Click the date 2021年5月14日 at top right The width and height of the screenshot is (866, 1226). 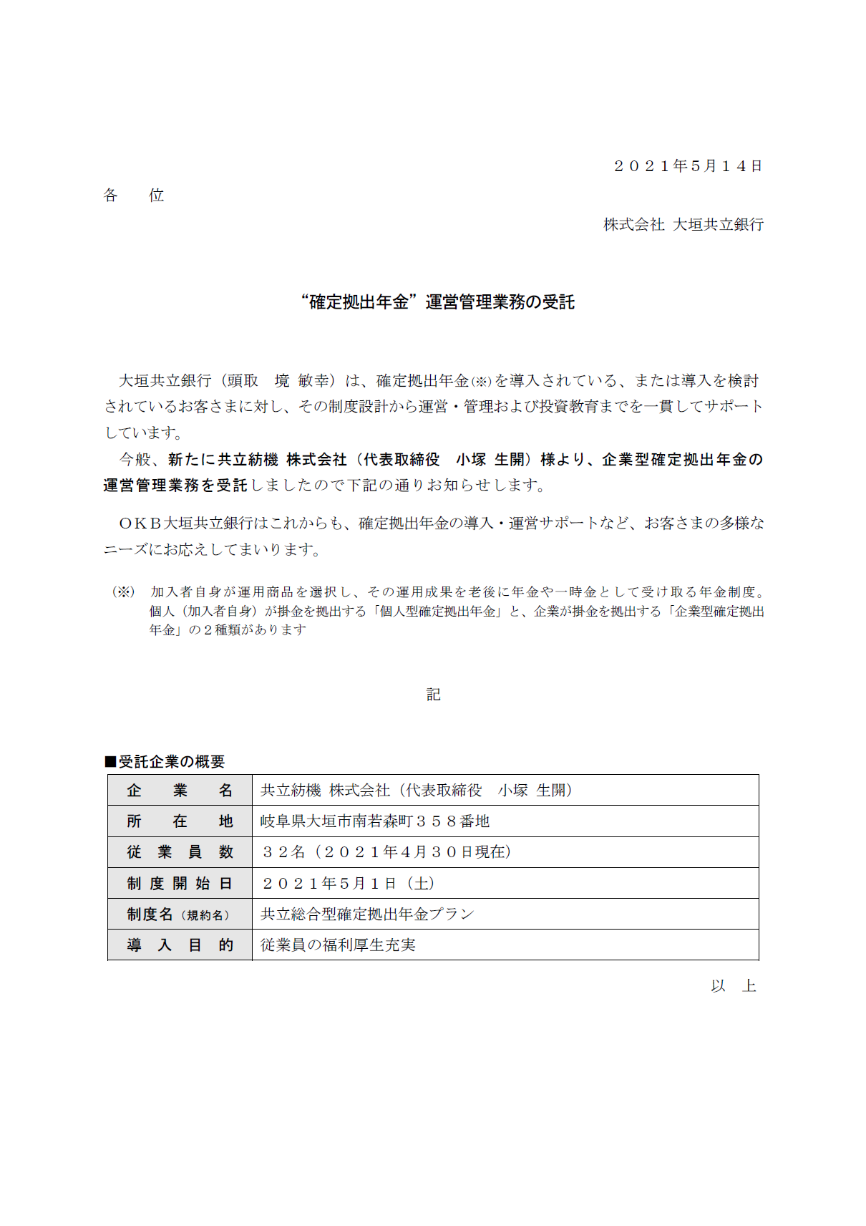pyautogui.click(x=688, y=166)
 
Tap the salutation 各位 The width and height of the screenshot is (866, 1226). pyautogui.click(x=134, y=196)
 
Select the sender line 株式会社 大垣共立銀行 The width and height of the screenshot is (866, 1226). pyautogui.click(x=683, y=225)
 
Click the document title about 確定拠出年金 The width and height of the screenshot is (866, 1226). pyautogui.click(x=438, y=302)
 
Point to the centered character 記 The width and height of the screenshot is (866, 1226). pyautogui.click(x=433, y=695)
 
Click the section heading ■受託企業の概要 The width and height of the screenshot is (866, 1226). pyautogui.click(x=165, y=761)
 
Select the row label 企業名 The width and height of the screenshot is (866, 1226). pyautogui.click(x=180, y=791)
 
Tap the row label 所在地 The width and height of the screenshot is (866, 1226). pyautogui.click(x=180, y=821)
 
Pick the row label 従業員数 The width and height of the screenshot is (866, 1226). pyautogui.click(x=180, y=852)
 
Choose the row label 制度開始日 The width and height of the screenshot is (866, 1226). pyautogui.click(x=180, y=884)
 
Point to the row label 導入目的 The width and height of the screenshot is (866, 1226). pyautogui.click(x=180, y=945)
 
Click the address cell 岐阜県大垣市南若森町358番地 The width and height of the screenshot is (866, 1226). pyautogui.click(x=375, y=821)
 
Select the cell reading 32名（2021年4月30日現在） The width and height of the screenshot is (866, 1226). pyautogui.click(x=386, y=852)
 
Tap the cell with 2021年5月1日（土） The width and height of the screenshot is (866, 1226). pyautogui.click(x=349, y=884)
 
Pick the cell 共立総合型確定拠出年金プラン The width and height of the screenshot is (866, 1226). pyautogui.click(x=367, y=914)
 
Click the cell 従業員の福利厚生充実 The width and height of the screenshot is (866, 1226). pyautogui.click(x=338, y=945)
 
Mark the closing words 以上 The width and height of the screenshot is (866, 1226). pyautogui.click(x=733, y=986)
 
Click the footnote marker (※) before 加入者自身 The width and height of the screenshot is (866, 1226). pyautogui.click(x=123, y=592)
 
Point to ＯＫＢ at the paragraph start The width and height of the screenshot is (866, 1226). pyautogui.click(x=140, y=523)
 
